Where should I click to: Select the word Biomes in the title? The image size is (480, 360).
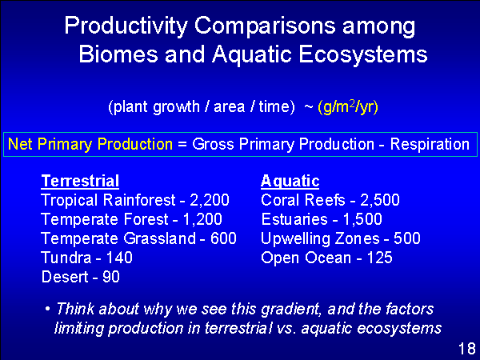coord(118,54)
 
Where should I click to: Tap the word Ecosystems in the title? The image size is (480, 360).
coord(362,55)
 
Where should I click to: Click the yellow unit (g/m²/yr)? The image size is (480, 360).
coord(348,107)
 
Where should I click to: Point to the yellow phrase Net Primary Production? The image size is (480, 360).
coord(90,144)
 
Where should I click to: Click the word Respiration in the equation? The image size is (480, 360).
coord(430,145)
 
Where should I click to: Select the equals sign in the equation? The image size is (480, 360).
coord(182,144)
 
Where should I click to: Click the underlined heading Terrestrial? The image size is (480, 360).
coord(80,181)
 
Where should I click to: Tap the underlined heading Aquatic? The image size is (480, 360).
coord(290,182)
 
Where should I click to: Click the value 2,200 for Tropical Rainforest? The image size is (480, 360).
coord(210,200)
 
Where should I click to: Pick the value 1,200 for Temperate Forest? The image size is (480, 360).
coord(202,219)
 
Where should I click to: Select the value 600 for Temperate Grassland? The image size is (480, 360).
coord(223,238)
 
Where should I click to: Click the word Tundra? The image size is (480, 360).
coord(66,258)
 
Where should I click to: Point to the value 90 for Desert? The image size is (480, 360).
coord(111,277)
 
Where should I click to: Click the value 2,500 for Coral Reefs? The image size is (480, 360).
coord(380,200)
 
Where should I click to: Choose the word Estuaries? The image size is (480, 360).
coord(294,219)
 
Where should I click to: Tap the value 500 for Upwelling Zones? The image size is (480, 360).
coord(407,238)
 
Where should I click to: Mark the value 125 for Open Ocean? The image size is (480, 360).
coord(379,258)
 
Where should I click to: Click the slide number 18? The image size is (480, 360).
coord(467,349)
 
